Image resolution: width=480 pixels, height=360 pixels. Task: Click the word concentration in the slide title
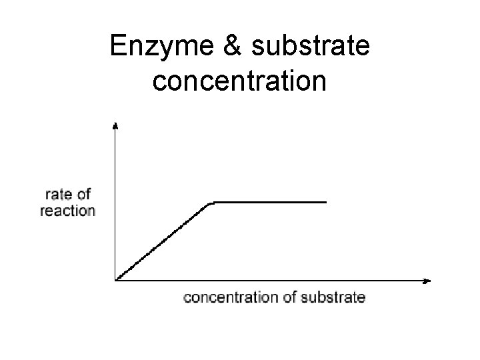pos(239,81)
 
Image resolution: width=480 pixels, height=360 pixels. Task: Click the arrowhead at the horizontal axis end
pos(427,281)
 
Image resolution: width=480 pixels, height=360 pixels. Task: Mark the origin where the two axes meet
pos(116,281)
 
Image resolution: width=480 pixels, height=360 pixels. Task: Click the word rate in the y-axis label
pos(58,195)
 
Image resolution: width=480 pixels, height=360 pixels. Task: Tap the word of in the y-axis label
pos(83,195)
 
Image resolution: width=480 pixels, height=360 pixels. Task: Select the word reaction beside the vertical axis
pos(68,211)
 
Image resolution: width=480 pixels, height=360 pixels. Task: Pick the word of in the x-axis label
pos(292,297)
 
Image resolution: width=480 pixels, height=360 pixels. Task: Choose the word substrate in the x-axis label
pos(334,297)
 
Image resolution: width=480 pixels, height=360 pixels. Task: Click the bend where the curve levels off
pos(212,201)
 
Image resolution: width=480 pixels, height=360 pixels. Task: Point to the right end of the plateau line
pos(326,201)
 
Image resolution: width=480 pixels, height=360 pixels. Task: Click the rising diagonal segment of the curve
pos(163,241)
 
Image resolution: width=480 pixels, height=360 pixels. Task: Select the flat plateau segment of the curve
pos(270,201)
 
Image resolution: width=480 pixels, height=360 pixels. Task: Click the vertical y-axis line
pos(116,200)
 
